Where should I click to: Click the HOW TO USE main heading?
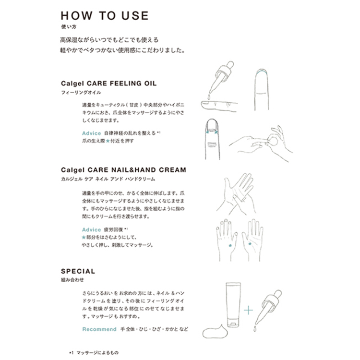pos(105,15)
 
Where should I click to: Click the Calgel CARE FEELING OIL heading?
pos(109,83)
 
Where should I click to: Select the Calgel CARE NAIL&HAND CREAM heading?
pos(123,169)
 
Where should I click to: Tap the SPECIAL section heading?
pos(78,271)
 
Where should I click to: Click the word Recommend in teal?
pos(99,329)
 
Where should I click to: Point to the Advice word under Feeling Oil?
pos(92,133)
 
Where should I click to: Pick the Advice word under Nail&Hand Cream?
pos(92,229)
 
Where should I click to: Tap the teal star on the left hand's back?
pos(231,245)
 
